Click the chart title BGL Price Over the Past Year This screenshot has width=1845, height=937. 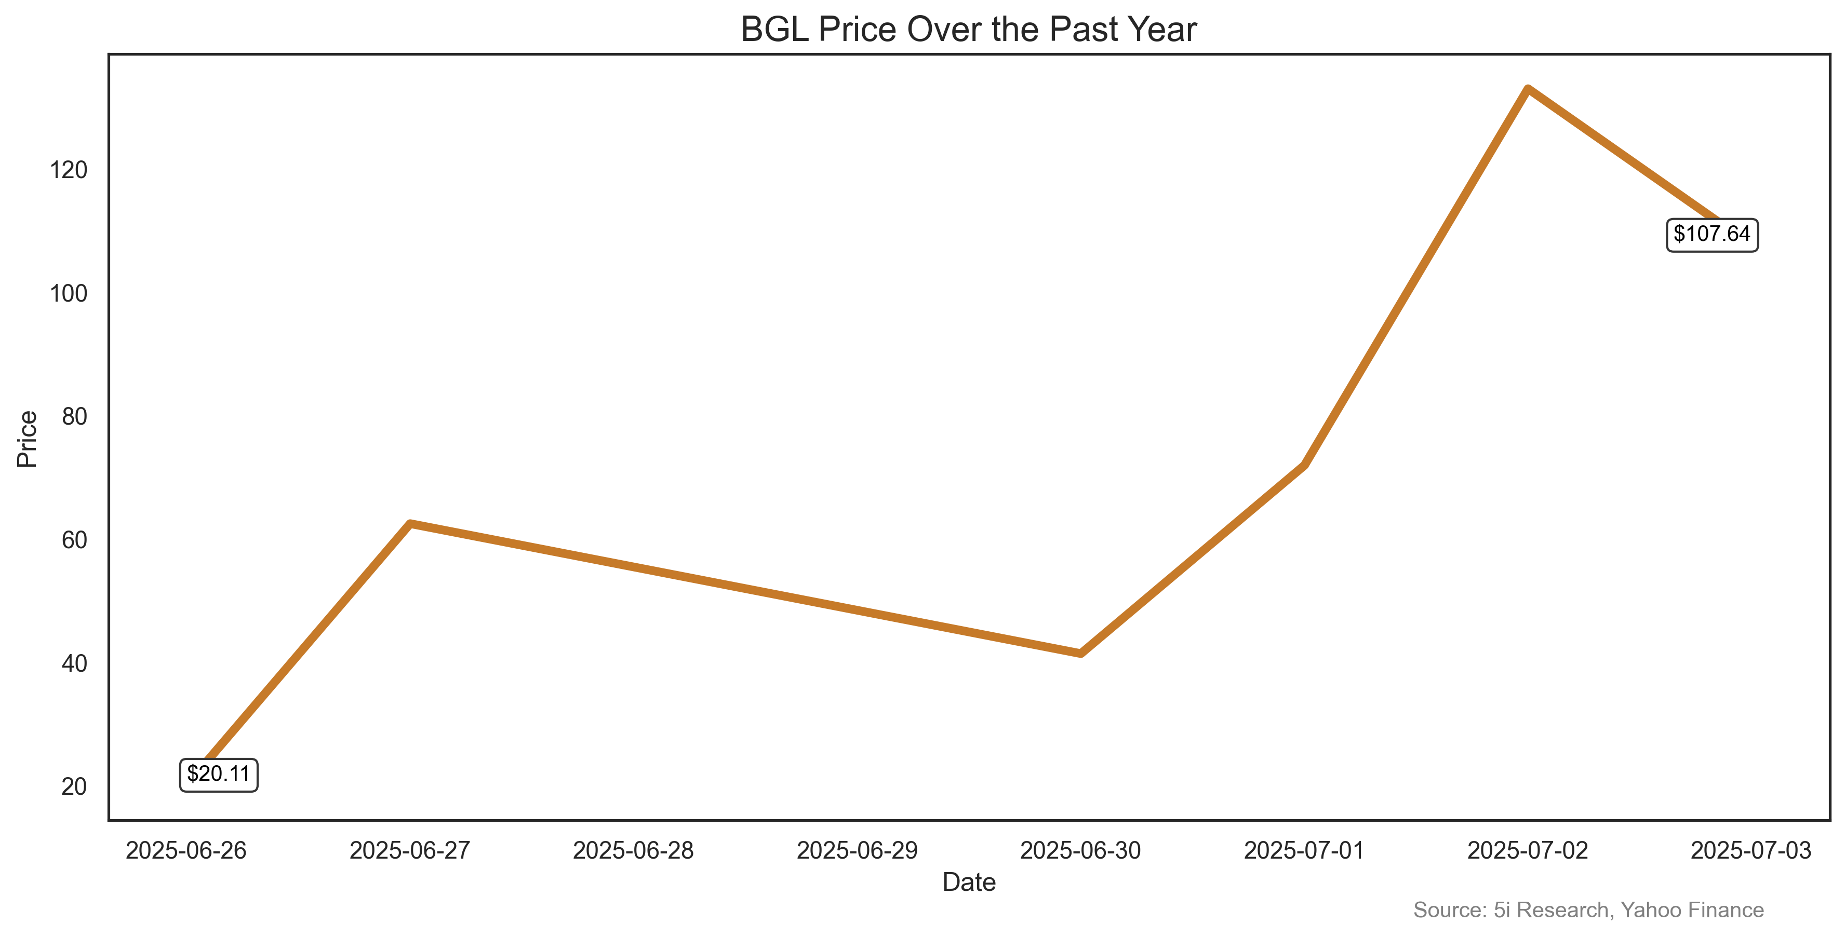[968, 30]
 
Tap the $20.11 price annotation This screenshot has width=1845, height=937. [219, 775]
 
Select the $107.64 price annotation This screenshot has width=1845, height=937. [1712, 234]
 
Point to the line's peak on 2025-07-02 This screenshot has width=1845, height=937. [1528, 89]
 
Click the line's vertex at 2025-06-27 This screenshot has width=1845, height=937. [410, 524]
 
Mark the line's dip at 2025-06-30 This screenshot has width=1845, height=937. [1080, 653]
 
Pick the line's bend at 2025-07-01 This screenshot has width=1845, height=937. [1304, 465]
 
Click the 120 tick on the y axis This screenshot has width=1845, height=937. [69, 170]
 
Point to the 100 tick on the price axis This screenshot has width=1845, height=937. [69, 293]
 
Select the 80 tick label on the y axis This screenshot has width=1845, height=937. [74, 417]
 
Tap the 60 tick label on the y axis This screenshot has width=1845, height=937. [74, 540]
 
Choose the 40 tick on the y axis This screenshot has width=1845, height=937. [74, 663]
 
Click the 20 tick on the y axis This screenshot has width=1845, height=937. [74, 786]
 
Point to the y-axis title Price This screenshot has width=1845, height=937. [27, 439]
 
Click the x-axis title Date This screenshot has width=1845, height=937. [968, 882]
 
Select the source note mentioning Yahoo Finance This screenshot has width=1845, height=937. [1588, 910]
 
